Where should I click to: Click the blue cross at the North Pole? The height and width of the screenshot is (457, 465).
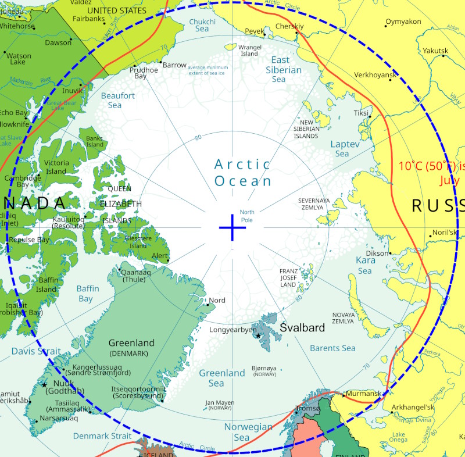pyautogui.click(x=233, y=227)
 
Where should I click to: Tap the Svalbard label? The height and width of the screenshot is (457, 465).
pyautogui.click(x=302, y=328)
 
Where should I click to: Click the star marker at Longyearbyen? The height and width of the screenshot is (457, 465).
pyautogui.click(x=258, y=336)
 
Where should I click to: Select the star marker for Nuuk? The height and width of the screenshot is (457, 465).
pyautogui.click(x=44, y=385)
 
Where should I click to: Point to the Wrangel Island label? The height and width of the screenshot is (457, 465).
pyautogui.click(x=249, y=51)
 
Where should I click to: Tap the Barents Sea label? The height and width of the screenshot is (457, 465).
pyautogui.click(x=332, y=348)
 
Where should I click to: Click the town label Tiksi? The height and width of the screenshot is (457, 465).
pyautogui.click(x=361, y=113)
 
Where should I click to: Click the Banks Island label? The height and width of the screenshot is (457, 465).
pyautogui.click(x=95, y=141)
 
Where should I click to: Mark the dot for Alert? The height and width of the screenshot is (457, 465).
pyautogui.click(x=169, y=260)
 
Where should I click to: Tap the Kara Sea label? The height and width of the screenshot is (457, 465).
pyautogui.click(x=365, y=266)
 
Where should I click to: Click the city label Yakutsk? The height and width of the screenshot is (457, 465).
pyautogui.click(x=435, y=51)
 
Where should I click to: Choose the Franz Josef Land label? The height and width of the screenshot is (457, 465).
pyautogui.click(x=289, y=277)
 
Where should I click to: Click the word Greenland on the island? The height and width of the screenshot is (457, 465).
pyautogui.click(x=131, y=343)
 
